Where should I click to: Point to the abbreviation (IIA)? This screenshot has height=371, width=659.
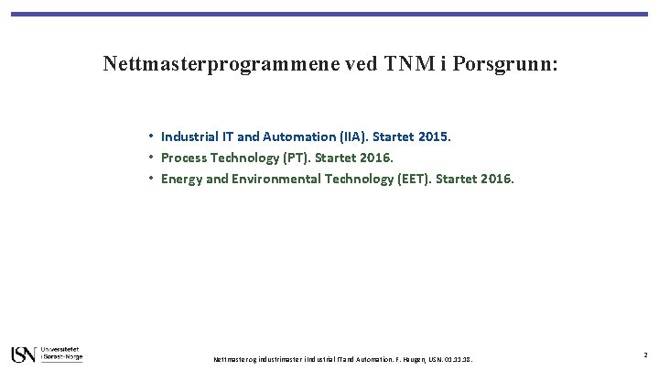click(354, 136)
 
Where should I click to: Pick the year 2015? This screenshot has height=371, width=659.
click(435, 136)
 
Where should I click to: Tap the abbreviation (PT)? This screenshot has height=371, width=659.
click(296, 158)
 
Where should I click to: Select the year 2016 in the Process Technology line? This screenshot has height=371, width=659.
click(375, 158)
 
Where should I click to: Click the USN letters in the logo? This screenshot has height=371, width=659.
click(24, 355)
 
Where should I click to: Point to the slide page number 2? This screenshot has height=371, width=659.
click(645, 355)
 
